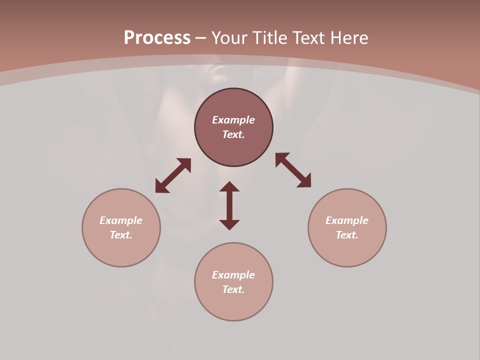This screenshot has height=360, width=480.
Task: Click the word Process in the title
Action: coord(157,38)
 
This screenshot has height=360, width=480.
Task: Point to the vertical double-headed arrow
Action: coord(229,205)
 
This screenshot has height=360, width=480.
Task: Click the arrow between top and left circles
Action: coord(173,175)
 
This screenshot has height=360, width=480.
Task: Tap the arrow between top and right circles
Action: coord(293,170)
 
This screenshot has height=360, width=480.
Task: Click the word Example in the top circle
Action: coord(233,120)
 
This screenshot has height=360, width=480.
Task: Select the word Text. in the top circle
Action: coord(233,134)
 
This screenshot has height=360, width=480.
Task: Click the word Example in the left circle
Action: coord(121,220)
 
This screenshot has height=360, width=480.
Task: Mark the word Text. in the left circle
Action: coord(121,235)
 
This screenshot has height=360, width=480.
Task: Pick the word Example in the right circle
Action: coord(347,220)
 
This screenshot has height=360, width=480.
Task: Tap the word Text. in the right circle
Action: coord(347,235)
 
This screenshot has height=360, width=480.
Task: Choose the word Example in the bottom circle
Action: coord(233,275)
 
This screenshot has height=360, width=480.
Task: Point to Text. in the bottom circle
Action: coord(233,289)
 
